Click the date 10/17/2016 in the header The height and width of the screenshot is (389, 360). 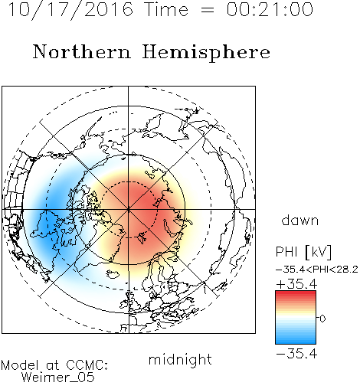[70, 10]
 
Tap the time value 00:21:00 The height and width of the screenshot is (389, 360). [270, 9]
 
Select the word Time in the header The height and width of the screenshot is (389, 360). [166, 9]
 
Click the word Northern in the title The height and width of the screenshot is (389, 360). [82, 51]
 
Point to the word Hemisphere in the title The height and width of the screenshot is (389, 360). [206, 53]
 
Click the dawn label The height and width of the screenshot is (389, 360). [300, 221]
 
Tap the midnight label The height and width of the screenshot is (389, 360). [180, 360]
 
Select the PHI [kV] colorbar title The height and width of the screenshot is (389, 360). [303, 252]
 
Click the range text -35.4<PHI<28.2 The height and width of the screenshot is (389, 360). [317, 270]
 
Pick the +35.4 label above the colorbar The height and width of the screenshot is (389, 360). [296, 284]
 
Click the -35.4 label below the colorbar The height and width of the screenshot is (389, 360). [296, 354]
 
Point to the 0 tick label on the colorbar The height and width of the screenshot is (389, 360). [322, 319]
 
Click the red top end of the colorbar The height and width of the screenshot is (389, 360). [296, 293]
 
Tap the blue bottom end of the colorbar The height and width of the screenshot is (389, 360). [296, 341]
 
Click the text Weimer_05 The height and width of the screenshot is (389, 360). [58, 378]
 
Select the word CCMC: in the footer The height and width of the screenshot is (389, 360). [87, 365]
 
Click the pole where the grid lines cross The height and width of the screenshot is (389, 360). [129, 209]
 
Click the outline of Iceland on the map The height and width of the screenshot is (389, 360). [113, 274]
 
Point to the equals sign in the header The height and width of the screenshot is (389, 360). [207, 10]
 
